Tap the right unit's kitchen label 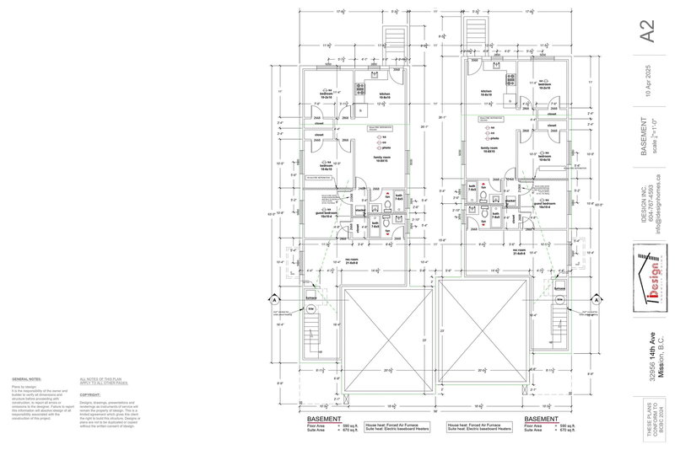pyautogui.click(x=487, y=91)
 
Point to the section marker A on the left pyautogui.click(x=273, y=299)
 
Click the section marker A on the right pyautogui.click(x=602, y=299)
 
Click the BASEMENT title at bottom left pyautogui.click(x=323, y=418)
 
